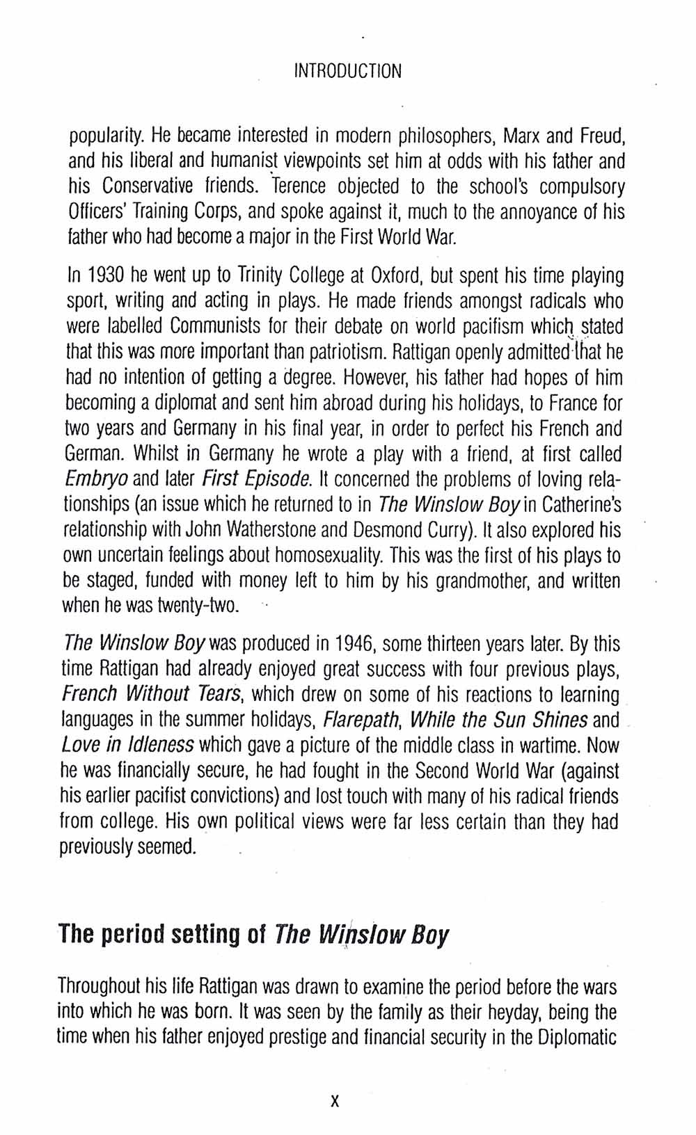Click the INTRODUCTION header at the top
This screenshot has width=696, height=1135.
tap(347, 71)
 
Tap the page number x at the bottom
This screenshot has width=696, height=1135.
tap(335, 1101)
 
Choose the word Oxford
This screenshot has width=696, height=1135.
tap(395, 276)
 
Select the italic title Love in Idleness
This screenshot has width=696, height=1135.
tap(127, 746)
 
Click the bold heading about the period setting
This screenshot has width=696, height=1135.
tap(253, 933)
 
